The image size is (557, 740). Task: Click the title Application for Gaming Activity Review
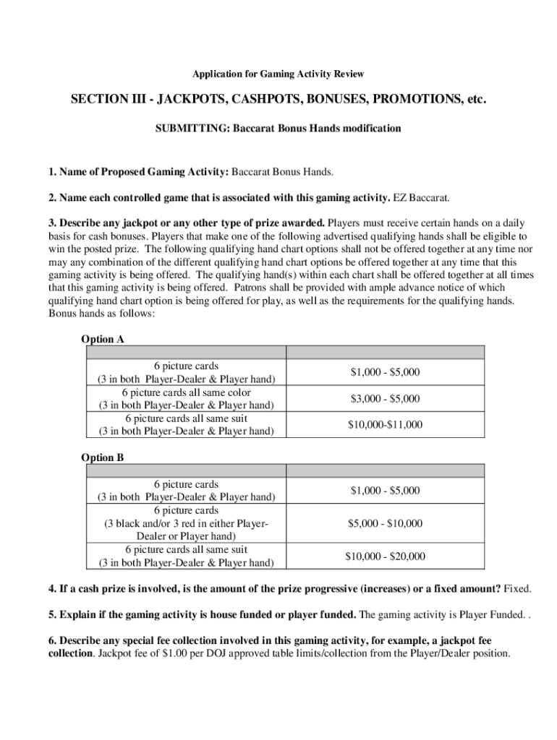pyautogui.click(x=278, y=74)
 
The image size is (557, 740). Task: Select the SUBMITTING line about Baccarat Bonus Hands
pyautogui.click(x=278, y=129)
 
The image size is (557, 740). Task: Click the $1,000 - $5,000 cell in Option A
pyautogui.click(x=385, y=373)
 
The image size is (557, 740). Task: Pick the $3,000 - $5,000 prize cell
pyautogui.click(x=385, y=399)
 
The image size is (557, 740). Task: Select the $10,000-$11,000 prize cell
pyautogui.click(x=385, y=425)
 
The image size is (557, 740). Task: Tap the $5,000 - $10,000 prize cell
pyautogui.click(x=385, y=523)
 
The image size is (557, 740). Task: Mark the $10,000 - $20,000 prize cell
pyautogui.click(x=385, y=556)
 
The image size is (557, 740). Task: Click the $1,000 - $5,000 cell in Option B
pyautogui.click(x=385, y=491)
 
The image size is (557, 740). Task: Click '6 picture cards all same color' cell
pyautogui.click(x=187, y=399)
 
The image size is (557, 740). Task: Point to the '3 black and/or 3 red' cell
pyautogui.click(x=187, y=523)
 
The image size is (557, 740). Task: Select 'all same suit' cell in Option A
pyautogui.click(x=187, y=425)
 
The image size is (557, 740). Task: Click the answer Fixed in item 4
pyautogui.click(x=517, y=589)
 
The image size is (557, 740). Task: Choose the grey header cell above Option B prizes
pyautogui.click(x=385, y=470)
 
